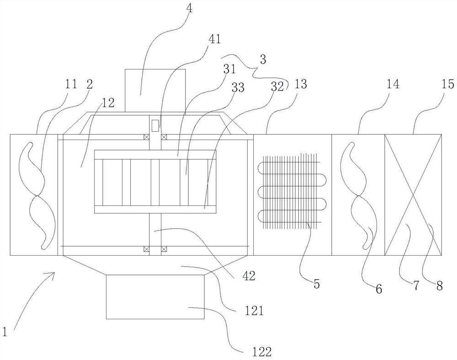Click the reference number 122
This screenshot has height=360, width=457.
tap(260, 352)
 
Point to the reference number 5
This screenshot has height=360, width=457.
tap(317, 283)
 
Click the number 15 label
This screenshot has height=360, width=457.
tap(448, 84)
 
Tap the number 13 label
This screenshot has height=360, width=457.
tap(300, 84)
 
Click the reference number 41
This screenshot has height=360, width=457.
tap(214, 39)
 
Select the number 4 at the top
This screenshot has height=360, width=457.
tap(189, 8)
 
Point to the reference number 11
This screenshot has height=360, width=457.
tap(70, 84)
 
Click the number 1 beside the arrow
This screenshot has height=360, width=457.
tap(4, 332)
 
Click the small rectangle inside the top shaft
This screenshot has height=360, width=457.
tap(155, 125)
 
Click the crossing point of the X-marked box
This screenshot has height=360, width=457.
tap(413, 194)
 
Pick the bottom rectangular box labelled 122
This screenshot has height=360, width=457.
tap(155, 297)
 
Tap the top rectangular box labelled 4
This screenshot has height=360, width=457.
tap(155, 91)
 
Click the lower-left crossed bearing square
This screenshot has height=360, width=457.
tap(146, 249)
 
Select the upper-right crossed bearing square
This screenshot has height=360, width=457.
tap(164, 137)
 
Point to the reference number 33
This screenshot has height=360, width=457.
tap(238, 87)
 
